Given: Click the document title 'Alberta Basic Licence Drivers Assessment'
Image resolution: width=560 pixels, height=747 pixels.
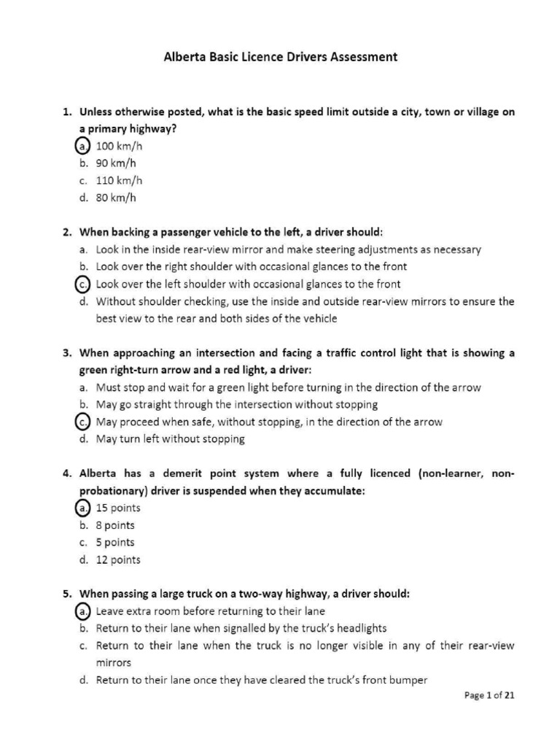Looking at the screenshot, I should pos(281,57).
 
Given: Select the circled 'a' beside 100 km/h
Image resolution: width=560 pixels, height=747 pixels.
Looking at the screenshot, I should pos(82,146).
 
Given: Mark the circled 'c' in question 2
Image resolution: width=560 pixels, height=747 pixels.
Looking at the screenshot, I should pos(82,284).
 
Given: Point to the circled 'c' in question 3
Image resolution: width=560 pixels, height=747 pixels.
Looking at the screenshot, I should pos(82,422).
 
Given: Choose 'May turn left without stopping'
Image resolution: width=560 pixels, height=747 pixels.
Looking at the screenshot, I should pos(170,439).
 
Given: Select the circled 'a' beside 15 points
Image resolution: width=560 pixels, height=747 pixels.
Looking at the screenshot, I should pos(82,508).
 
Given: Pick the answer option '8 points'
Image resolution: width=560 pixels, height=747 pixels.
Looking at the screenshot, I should pos(115,525).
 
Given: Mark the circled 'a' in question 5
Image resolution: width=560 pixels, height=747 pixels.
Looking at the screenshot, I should pos(82,611).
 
